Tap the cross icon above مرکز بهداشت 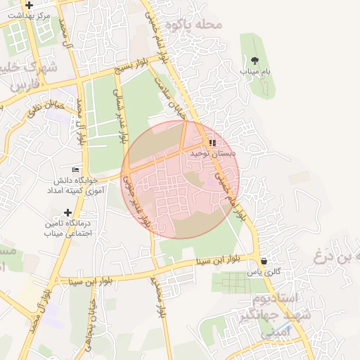pos(29,5)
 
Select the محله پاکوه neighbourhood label pos(194,25)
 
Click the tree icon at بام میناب pos(255,60)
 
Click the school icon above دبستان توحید pos(212,143)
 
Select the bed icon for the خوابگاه pos(76,170)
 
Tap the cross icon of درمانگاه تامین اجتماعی pos(67,212)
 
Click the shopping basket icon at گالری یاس pos(264,261)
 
